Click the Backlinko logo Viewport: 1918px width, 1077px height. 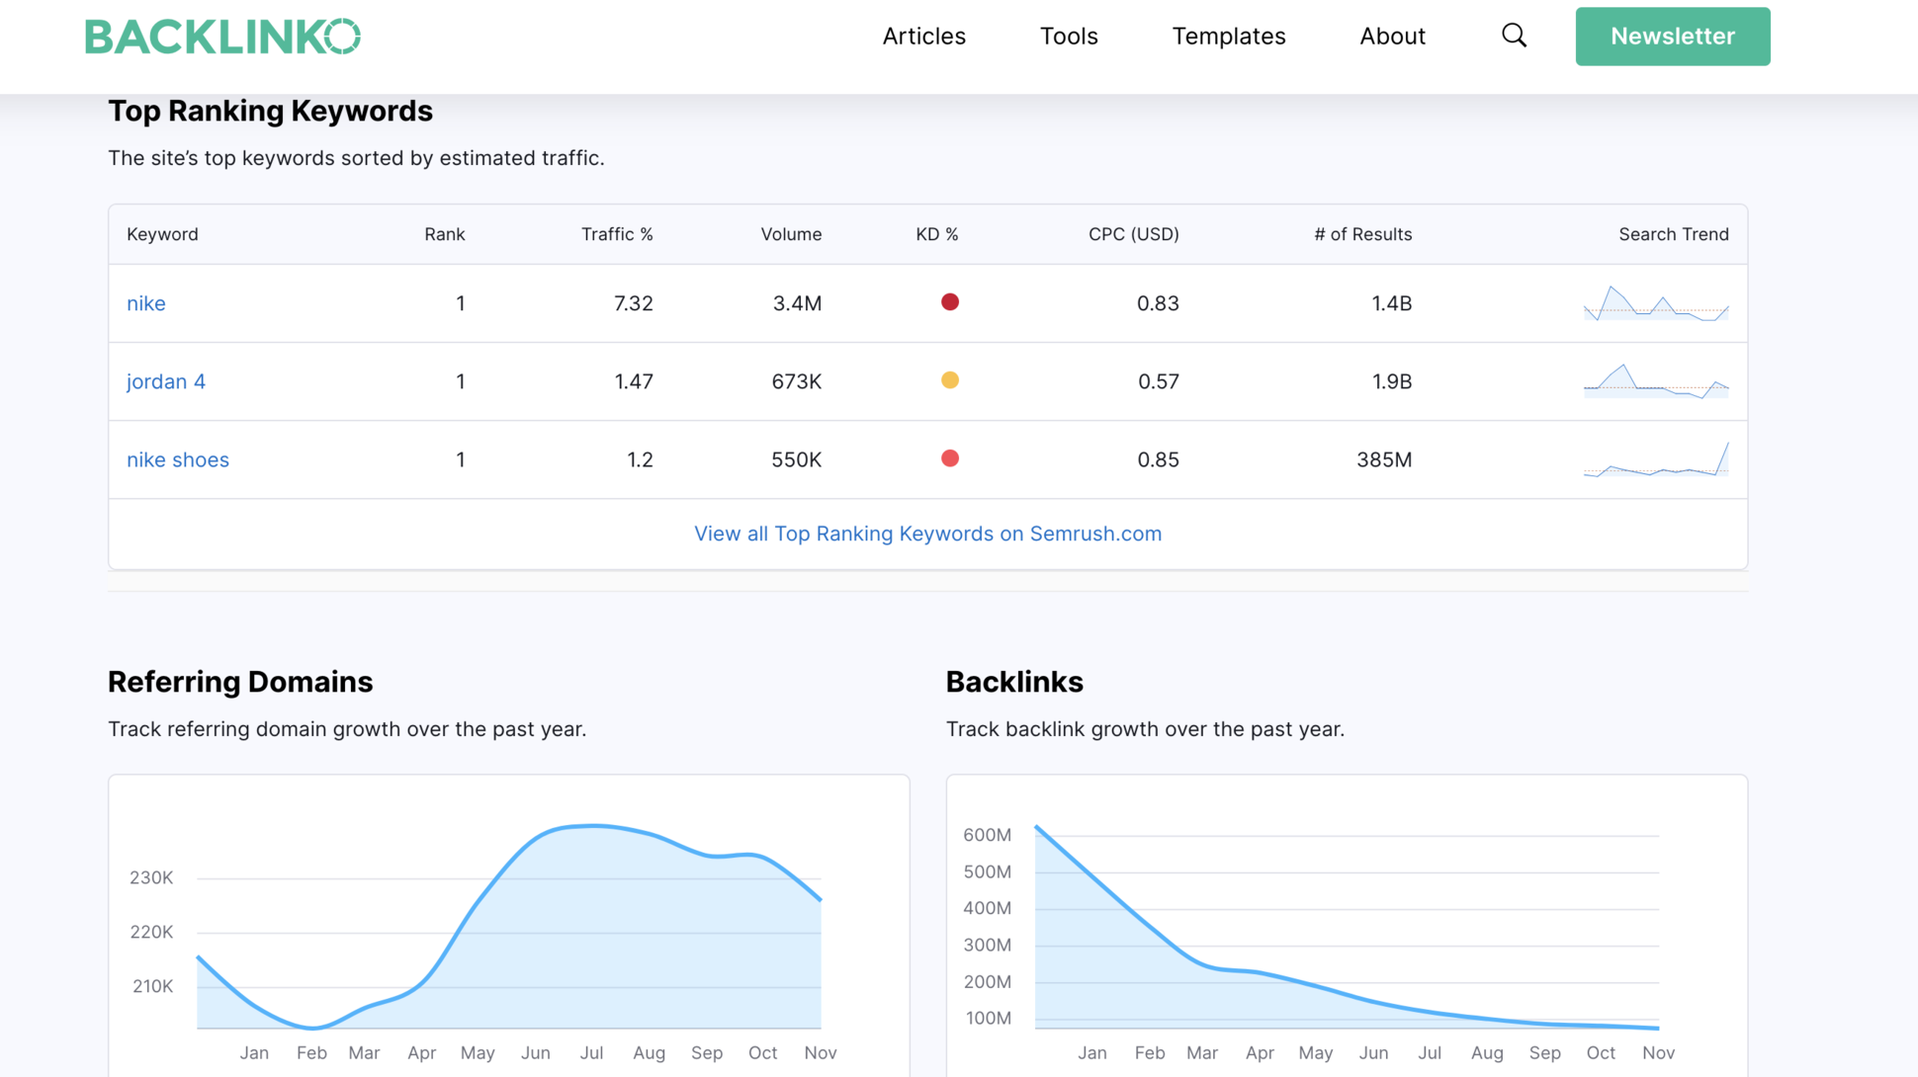[222, 37]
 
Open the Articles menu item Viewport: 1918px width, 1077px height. [923, 37]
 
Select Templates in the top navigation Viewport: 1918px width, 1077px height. [1228, 37]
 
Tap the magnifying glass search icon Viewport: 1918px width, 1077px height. [1514, 37]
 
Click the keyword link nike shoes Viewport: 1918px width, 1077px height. [178, 459]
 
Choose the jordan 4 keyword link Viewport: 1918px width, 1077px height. [166, 381]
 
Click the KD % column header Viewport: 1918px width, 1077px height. [936, 234]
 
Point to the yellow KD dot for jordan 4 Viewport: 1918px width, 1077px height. [949, 380]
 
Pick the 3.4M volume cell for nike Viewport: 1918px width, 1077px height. [796, 303]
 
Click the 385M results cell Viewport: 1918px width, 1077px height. [1383, 459]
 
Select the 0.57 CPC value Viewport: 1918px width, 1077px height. [1158, 381]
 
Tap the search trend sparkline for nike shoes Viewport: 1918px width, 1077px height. [1656, 459]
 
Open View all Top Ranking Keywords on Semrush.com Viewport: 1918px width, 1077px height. [927, 534]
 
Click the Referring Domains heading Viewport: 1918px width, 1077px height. [240, 682]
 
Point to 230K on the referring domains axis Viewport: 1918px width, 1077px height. [151, 877]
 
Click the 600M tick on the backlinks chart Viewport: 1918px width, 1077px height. [987, 835]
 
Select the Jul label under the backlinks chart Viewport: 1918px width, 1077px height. [1429, 1052]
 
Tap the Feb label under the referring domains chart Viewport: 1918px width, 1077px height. [311, 1052]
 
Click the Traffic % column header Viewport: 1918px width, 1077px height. [617, 234]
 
